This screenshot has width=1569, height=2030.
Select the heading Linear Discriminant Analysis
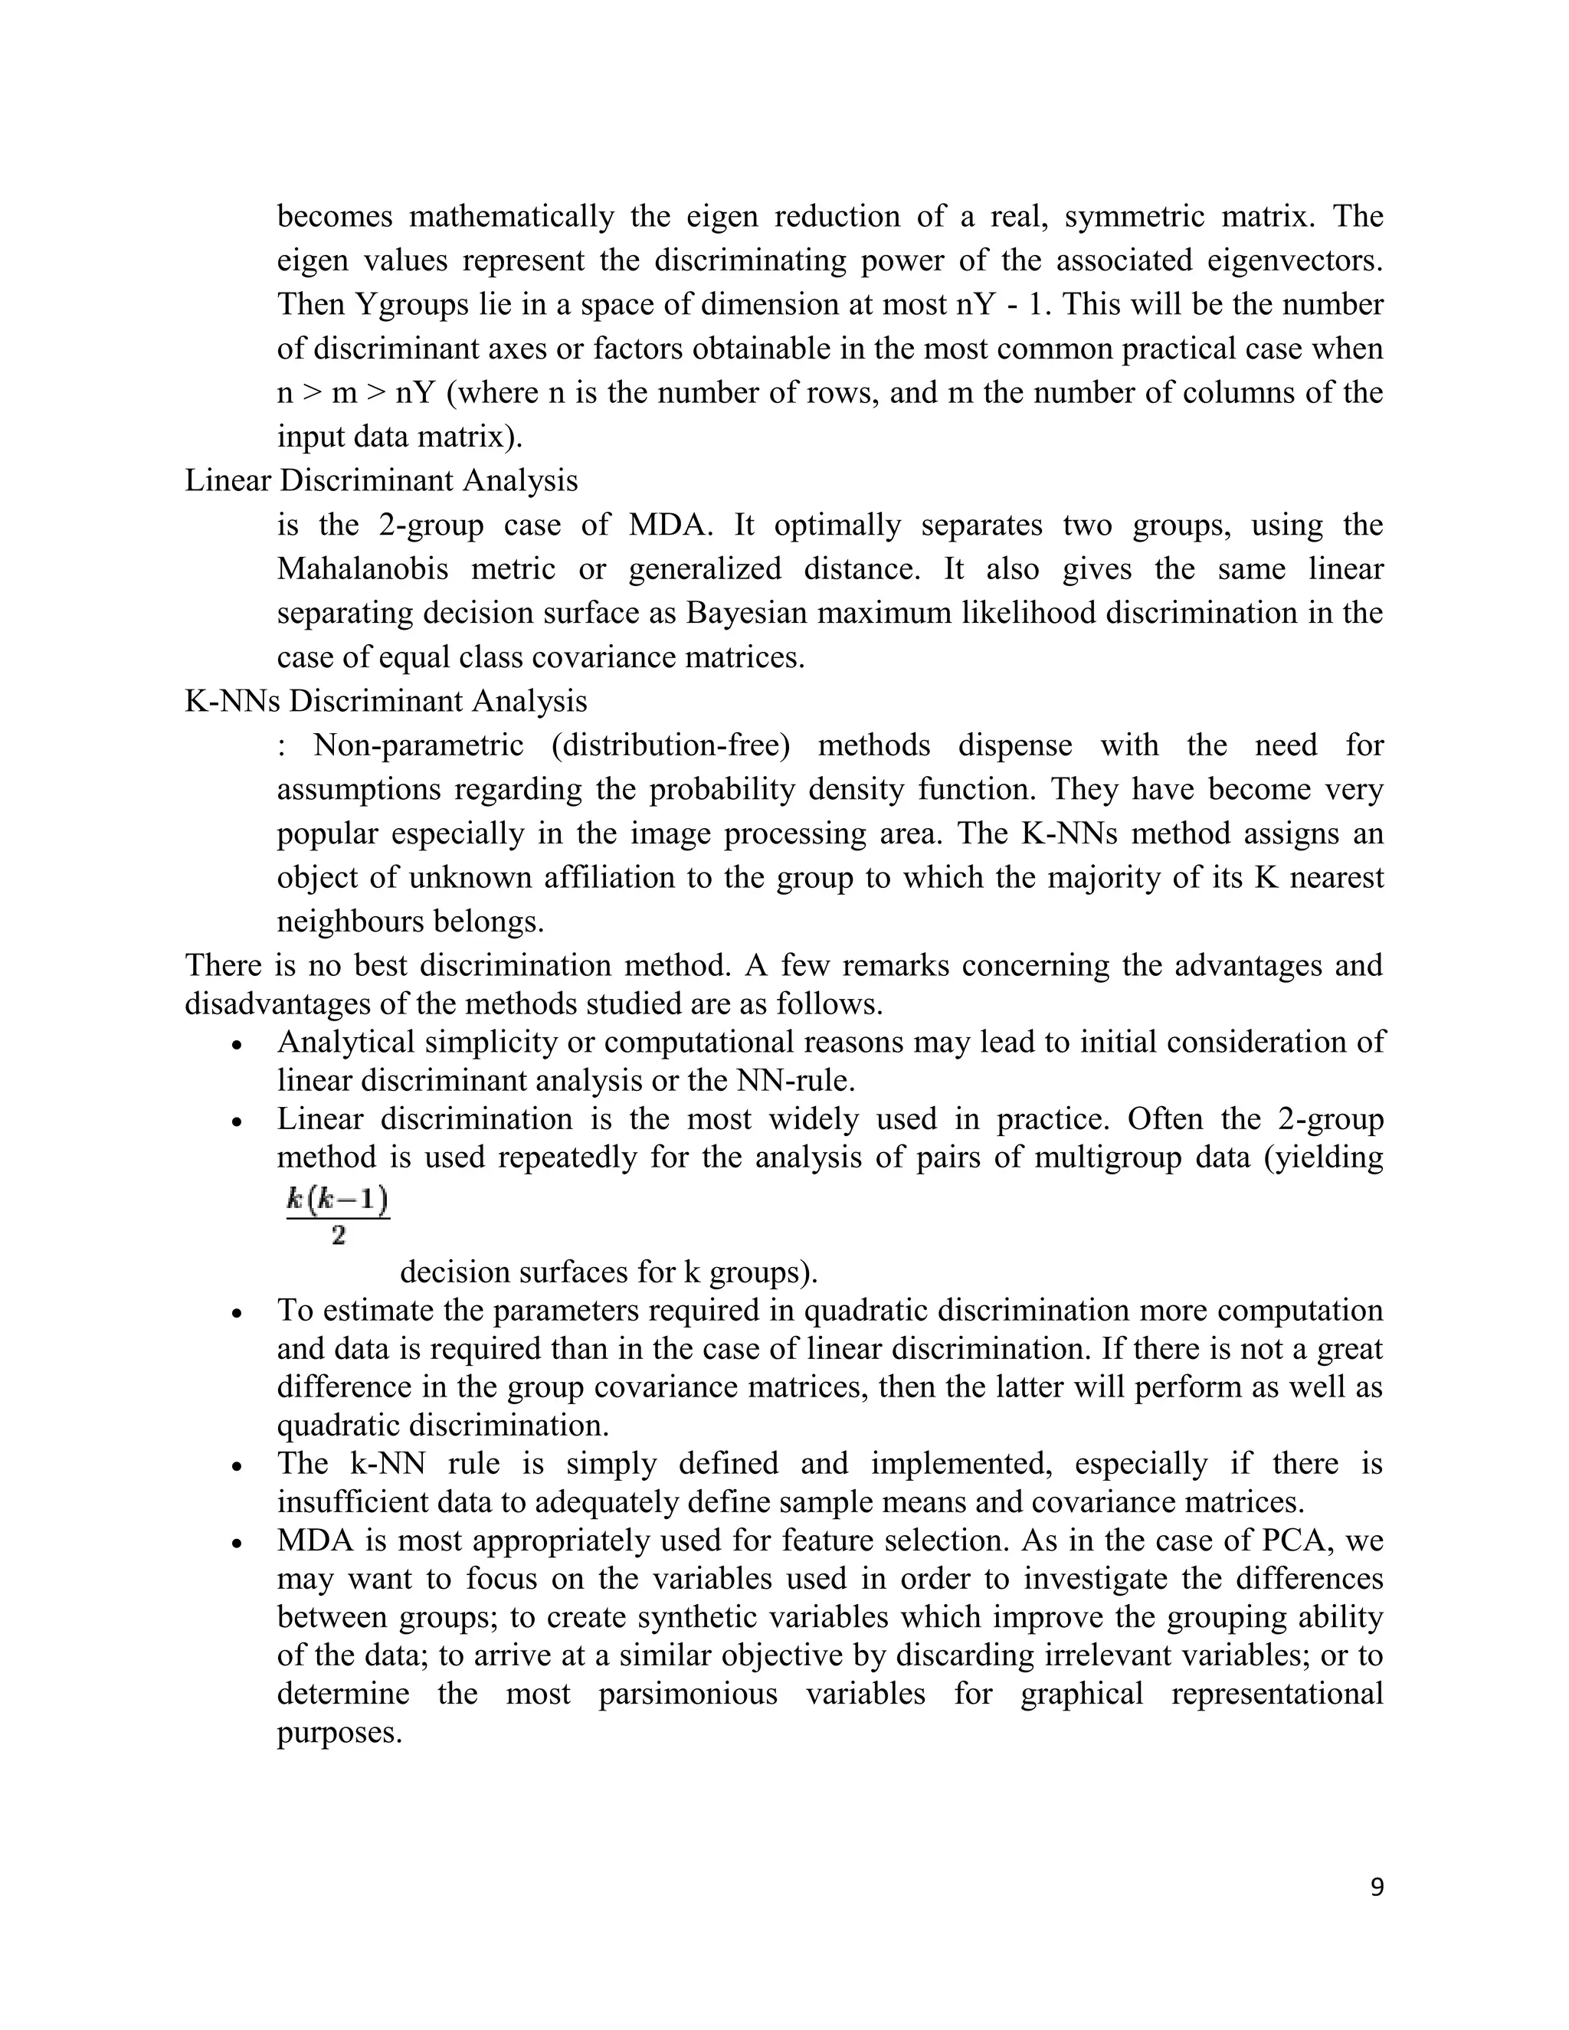(381, 480)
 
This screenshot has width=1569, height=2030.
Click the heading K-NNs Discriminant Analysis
(386, 701)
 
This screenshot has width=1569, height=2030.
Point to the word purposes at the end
(339, 1733)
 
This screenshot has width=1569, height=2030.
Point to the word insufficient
(355, 1503)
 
